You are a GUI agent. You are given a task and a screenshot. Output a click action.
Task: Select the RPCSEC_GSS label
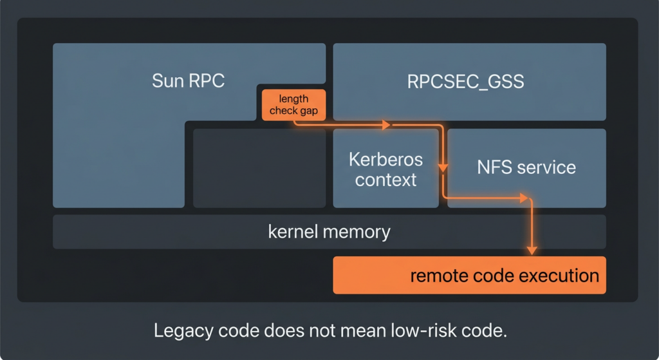465,81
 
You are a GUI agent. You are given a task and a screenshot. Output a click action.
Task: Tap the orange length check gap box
293,105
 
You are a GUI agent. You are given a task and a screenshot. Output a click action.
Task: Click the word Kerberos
385,159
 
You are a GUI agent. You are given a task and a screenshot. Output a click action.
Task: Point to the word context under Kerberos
385,180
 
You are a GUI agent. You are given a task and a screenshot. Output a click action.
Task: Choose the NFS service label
526,167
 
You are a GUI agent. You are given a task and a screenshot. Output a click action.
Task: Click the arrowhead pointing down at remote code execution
532,250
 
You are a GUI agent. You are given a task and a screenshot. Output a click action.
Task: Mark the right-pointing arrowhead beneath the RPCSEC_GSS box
386,125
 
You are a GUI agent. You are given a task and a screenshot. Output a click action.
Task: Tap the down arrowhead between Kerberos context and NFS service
443,169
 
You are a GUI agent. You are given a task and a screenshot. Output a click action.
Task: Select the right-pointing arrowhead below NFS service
523,198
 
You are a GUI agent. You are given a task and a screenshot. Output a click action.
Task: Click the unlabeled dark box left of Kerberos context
259,167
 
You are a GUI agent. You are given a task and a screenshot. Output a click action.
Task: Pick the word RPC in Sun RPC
207,81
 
